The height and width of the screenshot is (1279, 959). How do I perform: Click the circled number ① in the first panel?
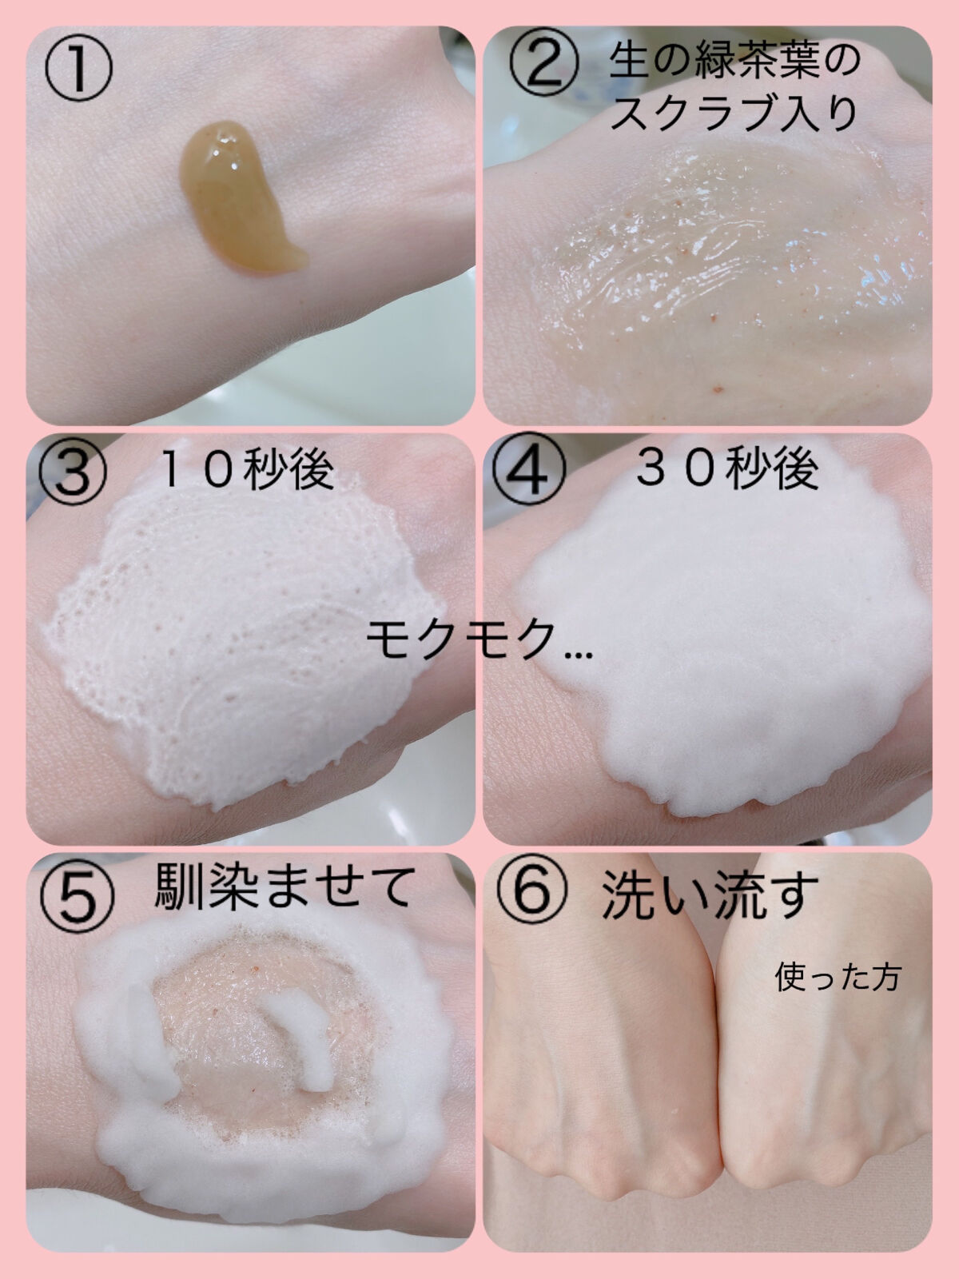(78, 67)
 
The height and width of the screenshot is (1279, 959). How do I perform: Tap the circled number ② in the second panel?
(544, 62)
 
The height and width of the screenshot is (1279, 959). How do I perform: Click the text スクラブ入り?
(735, 114)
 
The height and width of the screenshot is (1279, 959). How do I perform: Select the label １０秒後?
(246, 470)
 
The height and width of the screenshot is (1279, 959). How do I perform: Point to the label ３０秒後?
(728, 469)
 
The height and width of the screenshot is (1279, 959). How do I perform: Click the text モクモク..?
(462, 639)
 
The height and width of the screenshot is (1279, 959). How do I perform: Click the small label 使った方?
(838, 978)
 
